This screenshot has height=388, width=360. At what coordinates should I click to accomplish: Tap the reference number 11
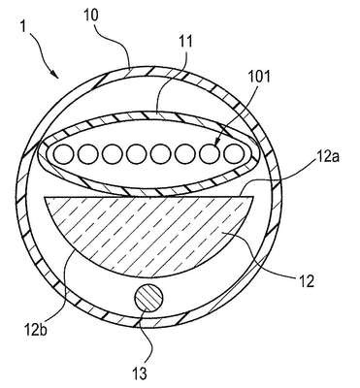tap(185, 42)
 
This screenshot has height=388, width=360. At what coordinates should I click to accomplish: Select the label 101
tap(259, 78)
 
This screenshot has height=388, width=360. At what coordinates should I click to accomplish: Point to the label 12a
tap(326, 158)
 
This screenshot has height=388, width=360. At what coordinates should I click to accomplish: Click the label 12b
tap(35, 331)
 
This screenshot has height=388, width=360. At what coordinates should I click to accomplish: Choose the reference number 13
tap(140, 373)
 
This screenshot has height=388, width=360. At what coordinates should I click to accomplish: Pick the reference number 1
tap(22, 26)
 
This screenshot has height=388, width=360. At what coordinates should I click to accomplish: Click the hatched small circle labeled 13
tap(148, 299)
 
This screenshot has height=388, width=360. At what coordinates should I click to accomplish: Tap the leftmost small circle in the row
tap(64, 153)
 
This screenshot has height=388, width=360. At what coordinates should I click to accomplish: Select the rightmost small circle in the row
tap(234, 153)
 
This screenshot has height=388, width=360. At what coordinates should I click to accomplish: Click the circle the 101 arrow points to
tap(210, 153)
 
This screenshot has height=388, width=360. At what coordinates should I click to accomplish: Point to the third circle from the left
tap(113, 153)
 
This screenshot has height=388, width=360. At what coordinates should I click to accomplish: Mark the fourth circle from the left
tap(137, 153)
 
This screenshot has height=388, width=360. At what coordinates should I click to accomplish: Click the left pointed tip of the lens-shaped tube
tap(38, 151)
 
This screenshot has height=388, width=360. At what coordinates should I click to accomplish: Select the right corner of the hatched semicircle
tap(252, 197)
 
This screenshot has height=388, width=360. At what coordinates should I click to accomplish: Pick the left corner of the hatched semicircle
tap(44, 197)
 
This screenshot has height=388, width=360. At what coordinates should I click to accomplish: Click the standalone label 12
tap(306, 281)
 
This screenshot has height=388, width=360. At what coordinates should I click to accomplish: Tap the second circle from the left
tap(88, 153)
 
